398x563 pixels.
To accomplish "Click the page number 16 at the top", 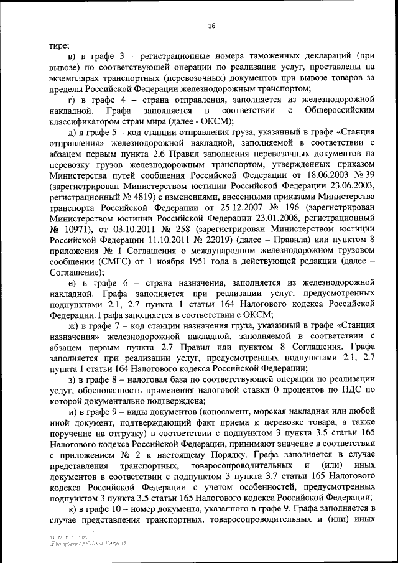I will point(211,26).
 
